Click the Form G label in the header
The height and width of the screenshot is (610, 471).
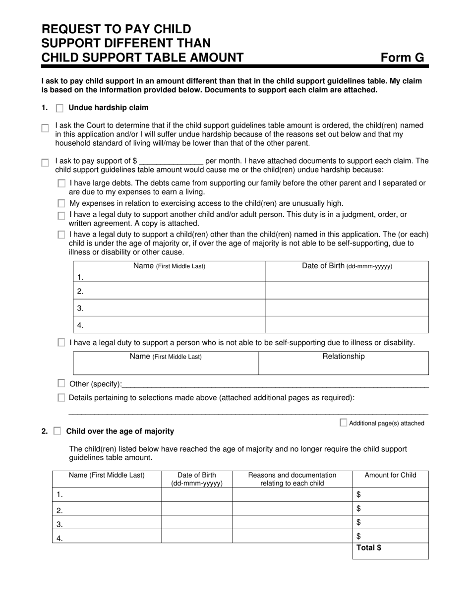[x=402, y=58]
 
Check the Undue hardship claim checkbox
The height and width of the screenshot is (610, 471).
[x=59, y=108]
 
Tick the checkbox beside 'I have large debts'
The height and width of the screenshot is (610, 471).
[x=61, y=183]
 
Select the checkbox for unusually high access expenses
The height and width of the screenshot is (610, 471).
[x=61, y=203]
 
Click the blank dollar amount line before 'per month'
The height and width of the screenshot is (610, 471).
[x=171, y=162]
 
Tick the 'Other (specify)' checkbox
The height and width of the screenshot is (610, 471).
[x=61, y=383]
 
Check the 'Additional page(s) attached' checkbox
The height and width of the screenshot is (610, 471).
[x=343, y=423]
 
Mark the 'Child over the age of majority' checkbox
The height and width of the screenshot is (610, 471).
[x=57, y=431]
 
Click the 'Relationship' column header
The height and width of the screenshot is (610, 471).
[x=343, y=357]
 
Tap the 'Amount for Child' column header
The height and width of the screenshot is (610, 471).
[x=390, y=475]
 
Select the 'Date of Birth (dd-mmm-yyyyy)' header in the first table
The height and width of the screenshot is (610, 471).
[x=347, y=266]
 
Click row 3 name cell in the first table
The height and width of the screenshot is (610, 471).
[x=170, y=308]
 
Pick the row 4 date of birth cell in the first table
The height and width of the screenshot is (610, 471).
[x=347, y=325]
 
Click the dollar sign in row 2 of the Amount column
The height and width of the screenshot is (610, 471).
[x=358, y=508]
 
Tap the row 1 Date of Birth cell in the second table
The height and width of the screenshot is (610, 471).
[x=197, y=494]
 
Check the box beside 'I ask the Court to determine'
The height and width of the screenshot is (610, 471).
[x=45, y=128]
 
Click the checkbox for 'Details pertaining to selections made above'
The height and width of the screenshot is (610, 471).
[x=61, y=398]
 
